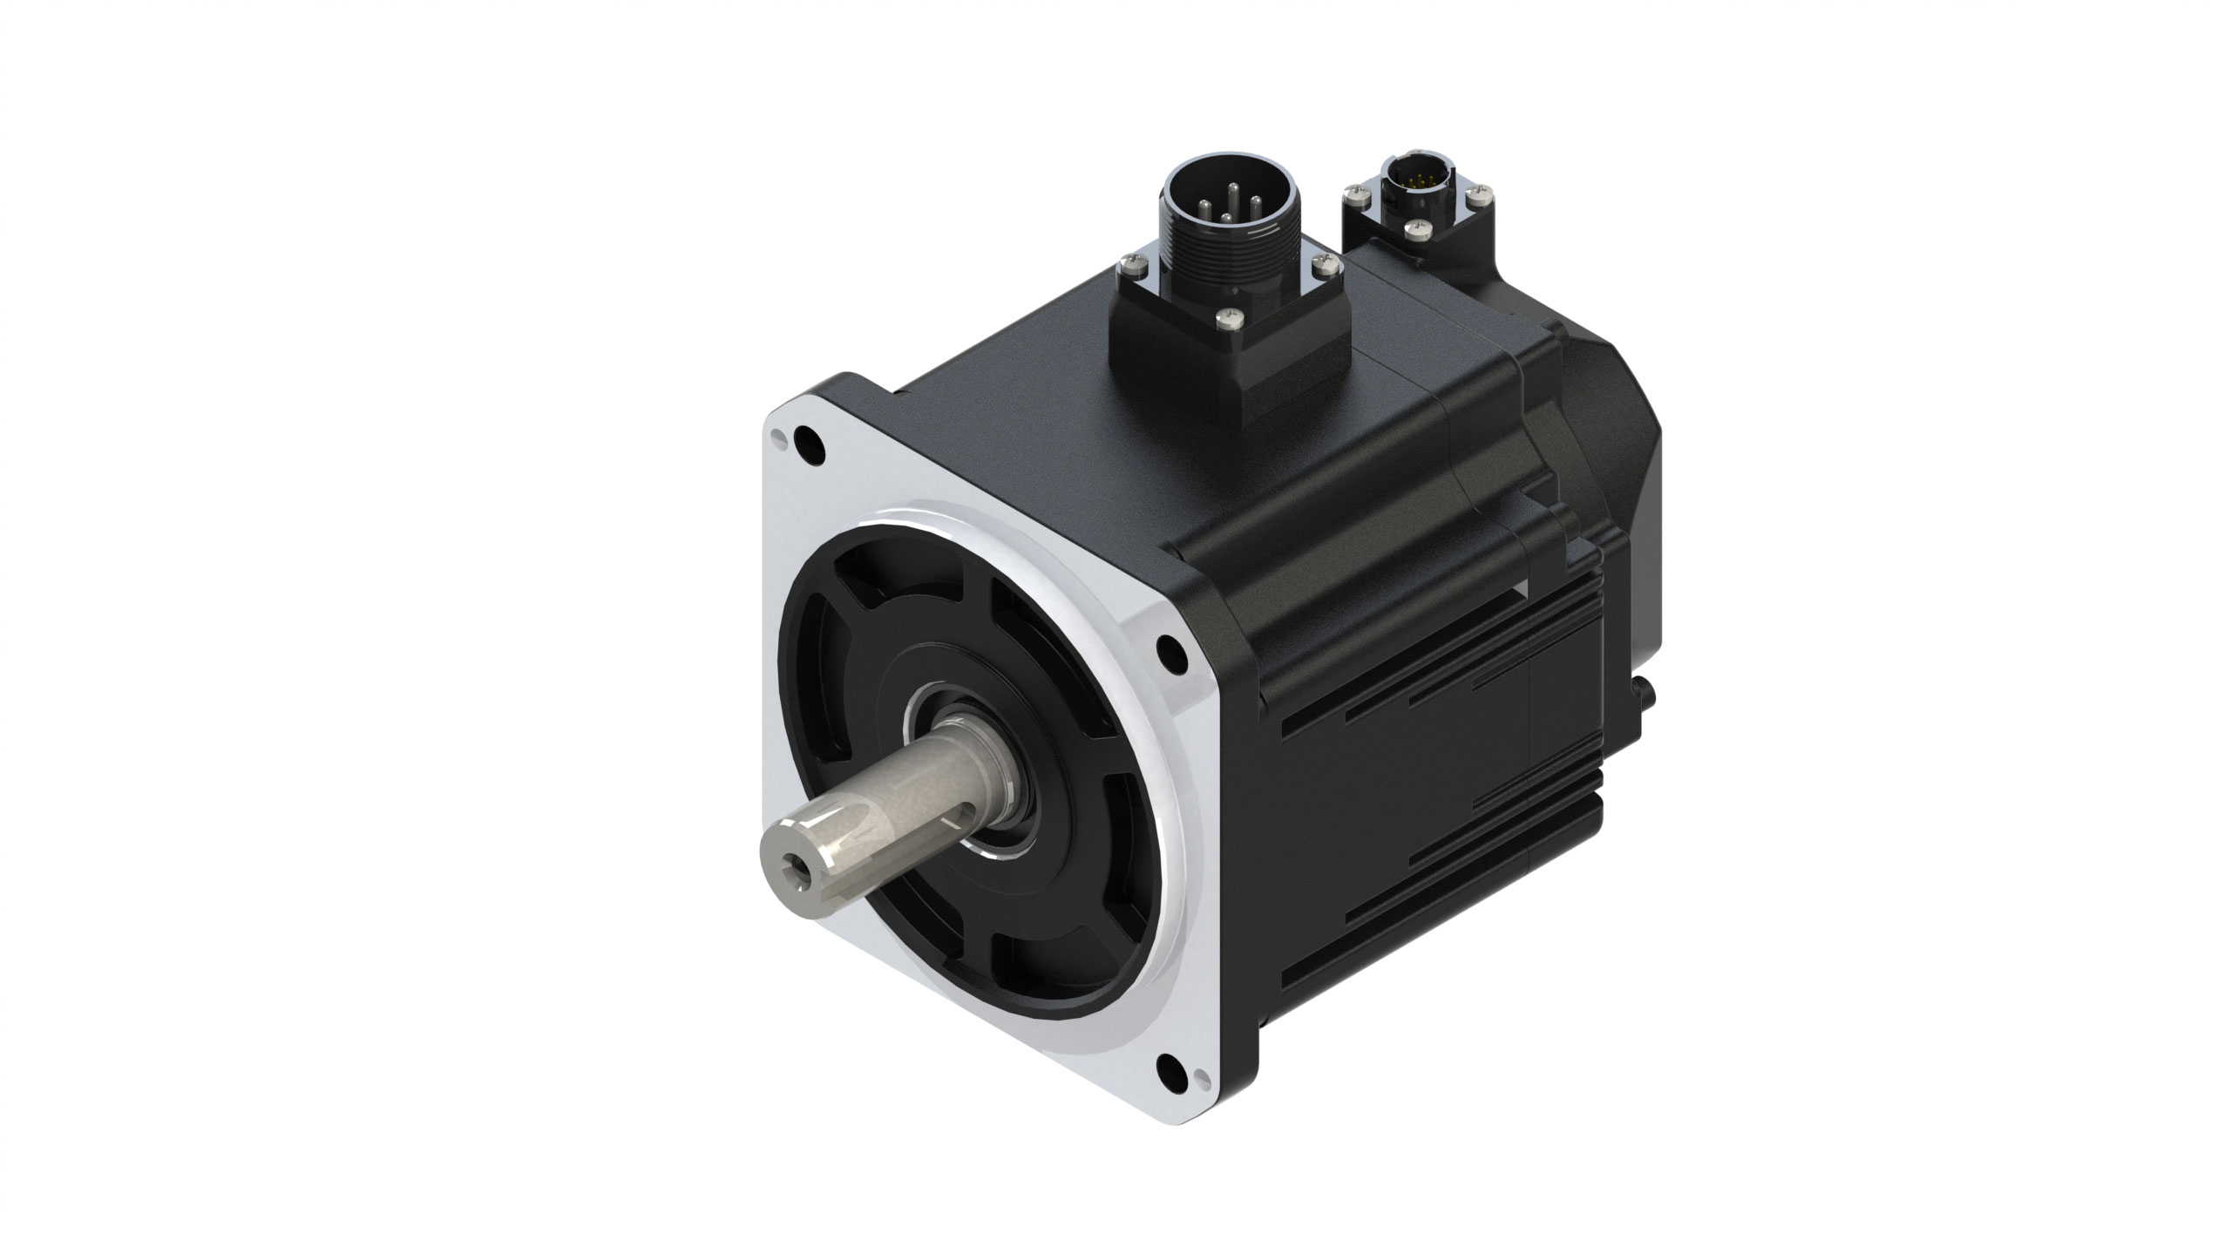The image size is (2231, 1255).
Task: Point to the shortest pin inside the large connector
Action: click(1225, 218)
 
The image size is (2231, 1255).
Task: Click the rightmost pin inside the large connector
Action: click(1256, 206)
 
